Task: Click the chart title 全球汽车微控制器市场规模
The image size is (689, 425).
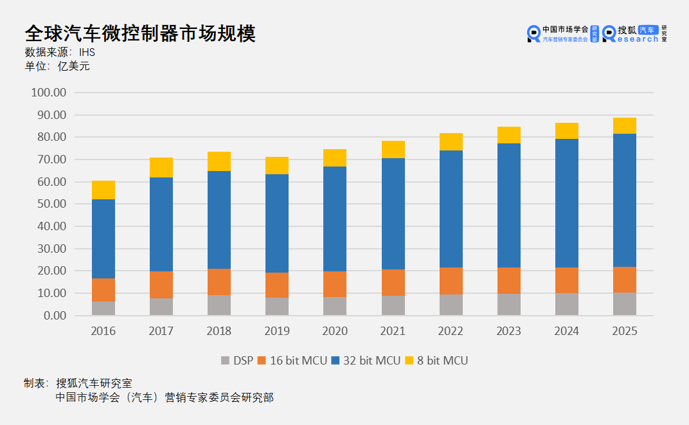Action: click(140, 34)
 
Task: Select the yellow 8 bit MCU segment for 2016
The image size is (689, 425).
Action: click(103, 190)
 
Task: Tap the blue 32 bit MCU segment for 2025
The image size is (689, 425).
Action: click(625, 200)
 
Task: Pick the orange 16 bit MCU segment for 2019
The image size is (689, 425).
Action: click(277, 285)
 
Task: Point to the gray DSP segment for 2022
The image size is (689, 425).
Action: click(451, 305)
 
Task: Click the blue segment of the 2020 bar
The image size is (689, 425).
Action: click(335, 219)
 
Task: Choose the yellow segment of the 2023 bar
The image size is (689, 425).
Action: click(509, 135)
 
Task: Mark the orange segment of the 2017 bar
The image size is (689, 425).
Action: click(161, 285)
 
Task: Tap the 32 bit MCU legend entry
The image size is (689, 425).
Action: click(366, 361)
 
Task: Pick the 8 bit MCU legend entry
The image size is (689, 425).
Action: click(436, 361)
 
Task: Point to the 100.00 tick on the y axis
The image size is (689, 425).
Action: click(49, 93)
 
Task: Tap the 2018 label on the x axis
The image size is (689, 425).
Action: click(219, 331)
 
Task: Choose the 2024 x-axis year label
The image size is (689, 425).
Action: click(567, 331)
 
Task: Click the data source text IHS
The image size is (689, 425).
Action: click(87, 53)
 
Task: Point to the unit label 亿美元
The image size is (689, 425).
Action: click(74, 66)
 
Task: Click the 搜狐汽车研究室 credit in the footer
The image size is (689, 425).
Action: click(94, 384)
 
